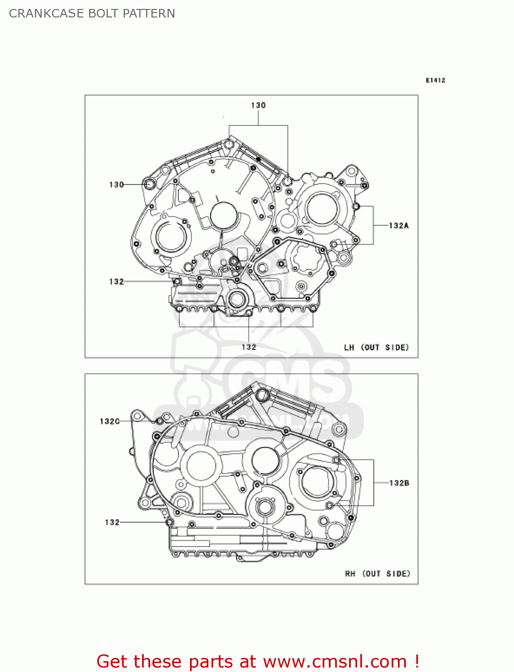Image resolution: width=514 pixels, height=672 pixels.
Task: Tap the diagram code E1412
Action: pos(435,80)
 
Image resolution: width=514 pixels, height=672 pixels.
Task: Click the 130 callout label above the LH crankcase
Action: pos(258,105)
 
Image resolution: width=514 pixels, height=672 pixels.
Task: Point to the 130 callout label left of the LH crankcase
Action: pos(116,185)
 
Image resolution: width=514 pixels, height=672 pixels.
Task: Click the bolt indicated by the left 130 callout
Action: pos(149,184)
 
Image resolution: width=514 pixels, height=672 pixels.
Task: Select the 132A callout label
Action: pos(398,225)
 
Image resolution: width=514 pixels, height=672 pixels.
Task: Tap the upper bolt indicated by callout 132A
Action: pos(356,207)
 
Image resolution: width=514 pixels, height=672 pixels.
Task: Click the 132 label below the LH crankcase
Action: pos(249,347)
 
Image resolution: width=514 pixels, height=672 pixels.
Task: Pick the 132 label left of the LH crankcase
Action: pos(116,281)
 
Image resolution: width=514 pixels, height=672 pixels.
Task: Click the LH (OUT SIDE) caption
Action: pos(376,347)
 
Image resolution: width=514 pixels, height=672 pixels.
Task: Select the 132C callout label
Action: pos(109,421)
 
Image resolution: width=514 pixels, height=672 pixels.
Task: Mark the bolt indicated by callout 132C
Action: pos(159,421)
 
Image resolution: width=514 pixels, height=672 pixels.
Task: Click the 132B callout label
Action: pos(399,483)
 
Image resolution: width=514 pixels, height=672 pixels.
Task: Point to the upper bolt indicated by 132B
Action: pos(336,460)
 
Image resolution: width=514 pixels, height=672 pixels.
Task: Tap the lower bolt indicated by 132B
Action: pos(329,505)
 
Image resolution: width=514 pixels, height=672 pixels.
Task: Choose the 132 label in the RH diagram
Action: pos(112,522)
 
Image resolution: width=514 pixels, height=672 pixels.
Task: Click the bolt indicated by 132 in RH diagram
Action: pos(169,522)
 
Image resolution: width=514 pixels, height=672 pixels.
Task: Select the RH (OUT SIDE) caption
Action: pos(377,573)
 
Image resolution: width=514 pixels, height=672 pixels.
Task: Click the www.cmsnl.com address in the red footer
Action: pos(335,661)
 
